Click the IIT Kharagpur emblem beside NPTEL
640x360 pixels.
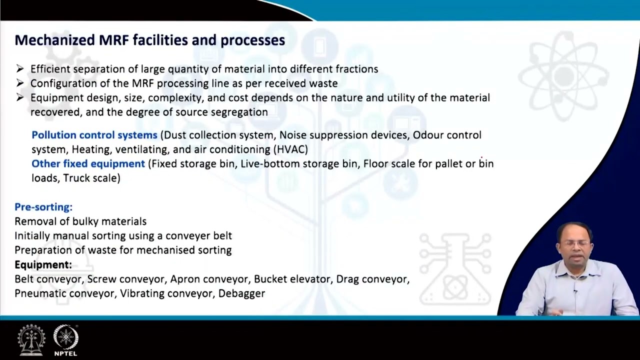tap(31, 340)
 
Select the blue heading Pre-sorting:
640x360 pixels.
tap(43, 207)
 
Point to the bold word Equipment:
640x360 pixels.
tap(43, 264)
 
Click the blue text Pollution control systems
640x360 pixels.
tap(94, 135)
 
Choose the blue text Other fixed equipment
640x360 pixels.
tap(88, 163)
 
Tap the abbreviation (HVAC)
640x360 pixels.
tap(290, 149)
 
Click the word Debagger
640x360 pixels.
tap(241, 293)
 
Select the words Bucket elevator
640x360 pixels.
tap(292, 279)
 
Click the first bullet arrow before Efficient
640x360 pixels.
tap(20, 68)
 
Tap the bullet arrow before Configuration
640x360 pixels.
tap(20, 83)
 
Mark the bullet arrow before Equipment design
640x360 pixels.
tap(20, 97)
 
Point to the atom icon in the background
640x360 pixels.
tap(563, 75)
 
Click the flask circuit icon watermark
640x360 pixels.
tap(455, 270)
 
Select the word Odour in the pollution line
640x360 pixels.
tap(428, 135)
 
